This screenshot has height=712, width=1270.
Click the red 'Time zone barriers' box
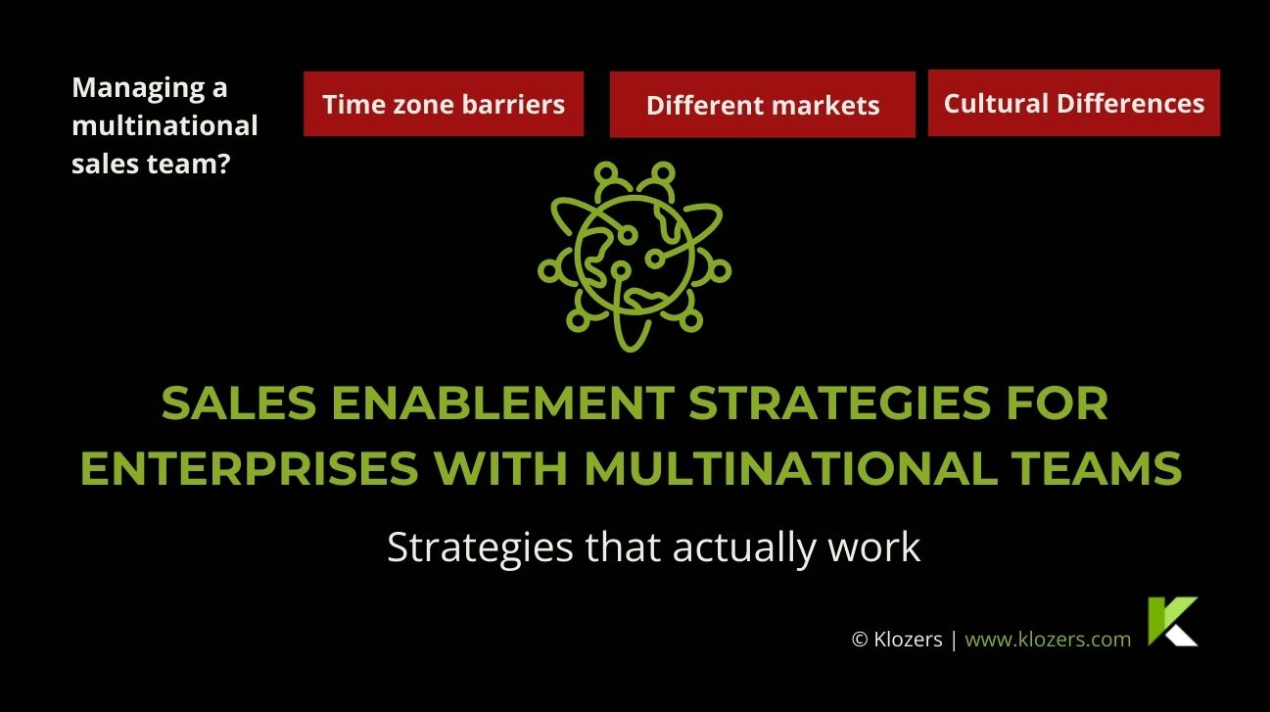(444, 104)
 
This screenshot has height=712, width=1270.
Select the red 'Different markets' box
(763, 105)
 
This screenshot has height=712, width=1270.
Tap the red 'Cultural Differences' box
(1074, 103)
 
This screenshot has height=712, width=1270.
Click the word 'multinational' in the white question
(165, 125)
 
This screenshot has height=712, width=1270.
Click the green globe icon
(635, 257)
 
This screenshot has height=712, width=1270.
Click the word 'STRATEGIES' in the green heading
(840, 403)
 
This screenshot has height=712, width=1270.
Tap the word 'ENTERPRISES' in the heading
(250, 468)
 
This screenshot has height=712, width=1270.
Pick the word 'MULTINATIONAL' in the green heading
(791, 468)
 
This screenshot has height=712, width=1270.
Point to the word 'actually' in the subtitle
(744, 548)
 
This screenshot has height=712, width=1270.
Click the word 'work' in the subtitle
(874, 547)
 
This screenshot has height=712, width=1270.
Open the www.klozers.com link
(1048, 640)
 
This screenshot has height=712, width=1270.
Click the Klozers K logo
(1172, 621)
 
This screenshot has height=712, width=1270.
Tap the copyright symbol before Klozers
(860, 640)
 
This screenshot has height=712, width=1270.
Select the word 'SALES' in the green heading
(239, 403)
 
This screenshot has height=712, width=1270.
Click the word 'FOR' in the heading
(1058, 403)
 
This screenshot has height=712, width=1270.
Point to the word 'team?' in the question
(189, 164)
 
